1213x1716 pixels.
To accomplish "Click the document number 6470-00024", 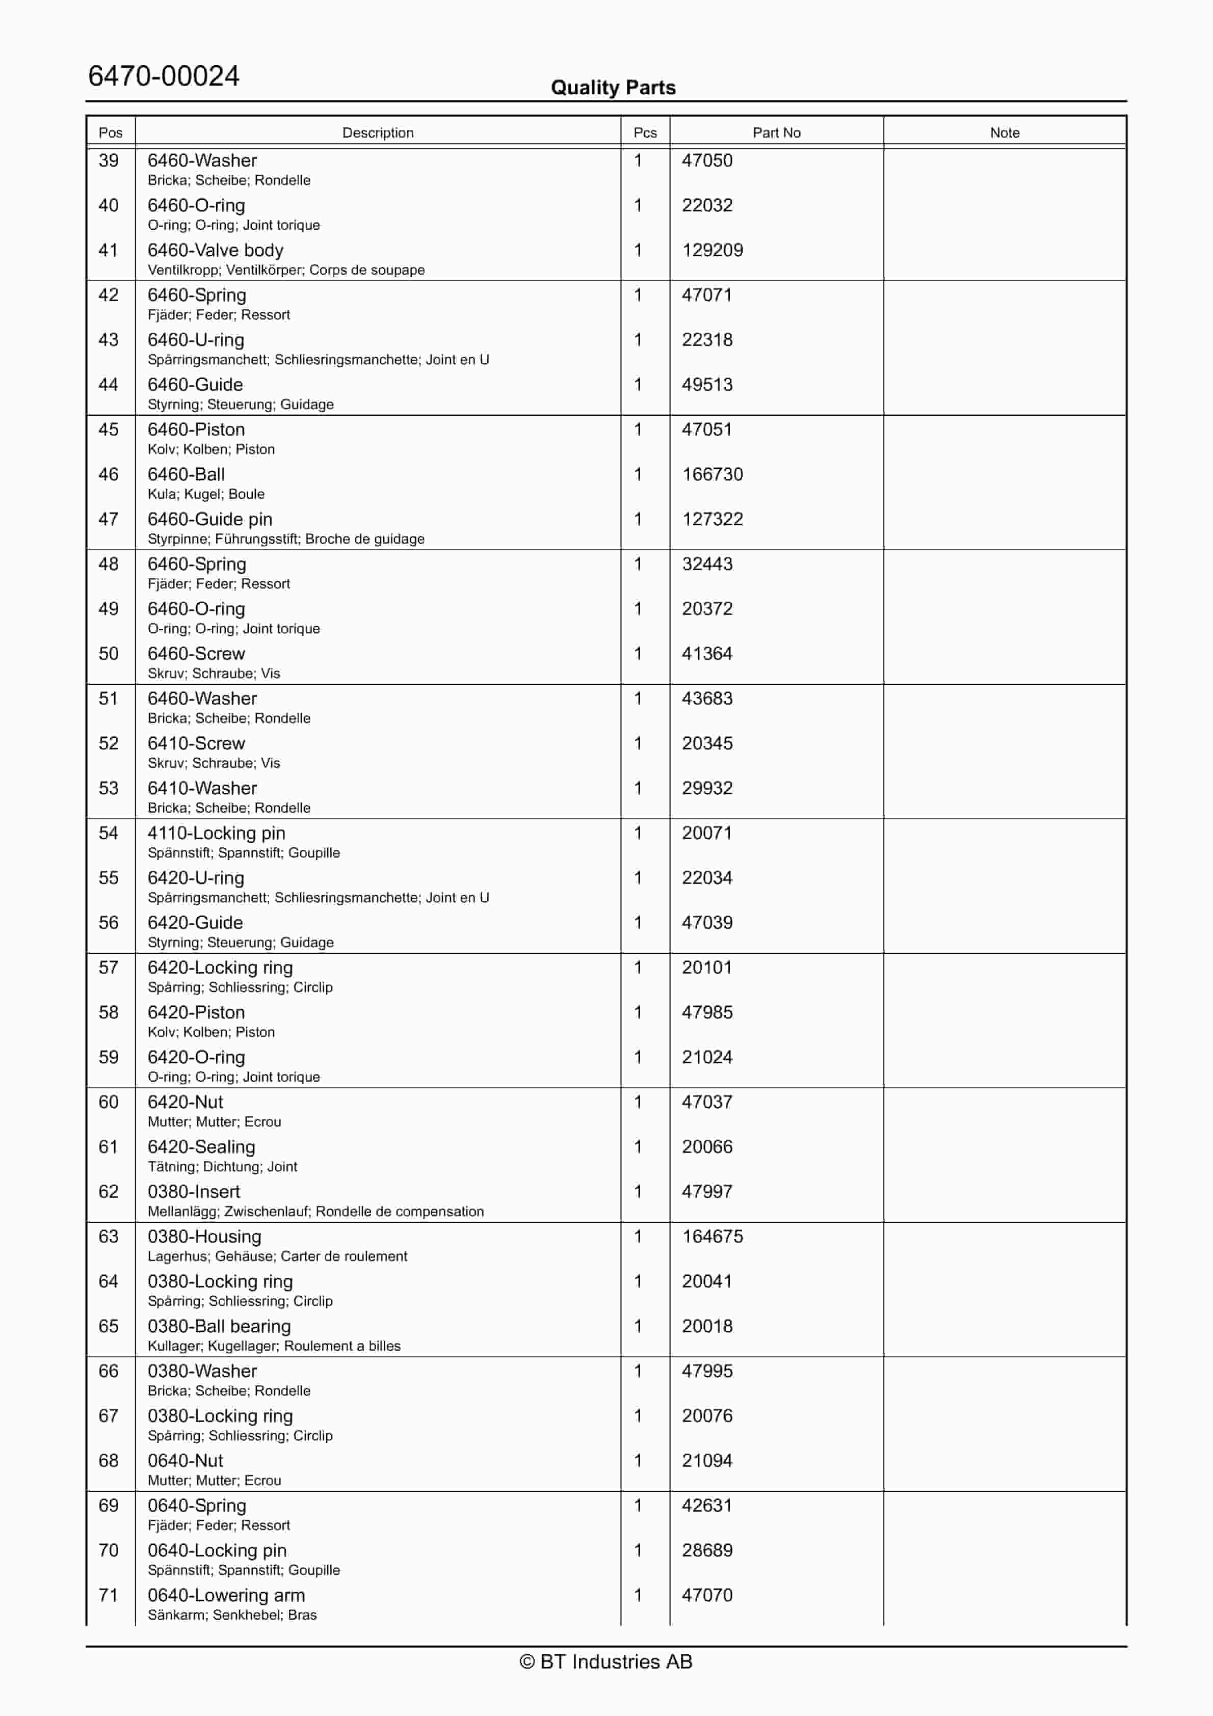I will point(163,76).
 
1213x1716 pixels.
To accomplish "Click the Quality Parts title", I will point(613,88).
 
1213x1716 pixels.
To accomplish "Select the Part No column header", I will point(776,132).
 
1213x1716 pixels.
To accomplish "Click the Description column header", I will point(377,132).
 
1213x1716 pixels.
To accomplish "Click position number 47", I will point(109,519).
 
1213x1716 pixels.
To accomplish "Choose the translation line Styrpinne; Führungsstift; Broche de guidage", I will point(286,539).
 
